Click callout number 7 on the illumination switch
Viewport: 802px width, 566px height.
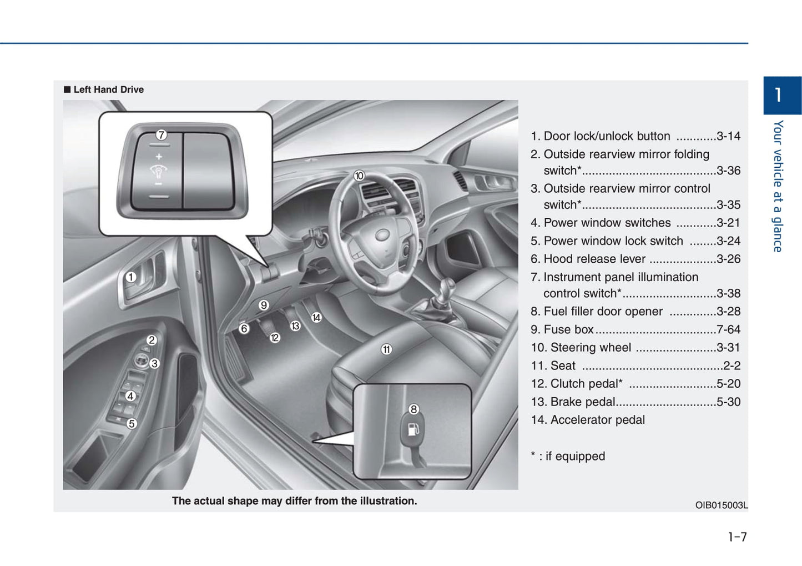[x=161, y=135]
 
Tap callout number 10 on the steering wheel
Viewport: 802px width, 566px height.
[x=359, y=176]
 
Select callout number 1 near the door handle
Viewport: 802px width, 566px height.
[x=131, y=277]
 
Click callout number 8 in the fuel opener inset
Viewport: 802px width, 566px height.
[x=413, y=409]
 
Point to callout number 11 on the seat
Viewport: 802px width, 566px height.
[x=386, y=349]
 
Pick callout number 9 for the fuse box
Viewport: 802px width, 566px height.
[x=264, y=305]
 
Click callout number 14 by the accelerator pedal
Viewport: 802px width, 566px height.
[x=316, y=317]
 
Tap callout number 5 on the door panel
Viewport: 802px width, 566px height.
[x=132, y=424]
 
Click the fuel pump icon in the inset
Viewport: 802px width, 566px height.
[x=413, y=429]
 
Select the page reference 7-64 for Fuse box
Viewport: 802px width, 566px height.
[x=728, y=330]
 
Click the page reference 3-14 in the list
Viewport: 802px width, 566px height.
[x=728, y=136]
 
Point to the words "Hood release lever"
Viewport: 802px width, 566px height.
[x=594, y=259]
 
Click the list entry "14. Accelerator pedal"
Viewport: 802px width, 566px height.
[x=588, y=420]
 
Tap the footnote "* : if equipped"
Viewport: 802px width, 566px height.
[x=568, y=456]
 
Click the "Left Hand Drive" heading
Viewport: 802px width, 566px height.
[x=108, y=89]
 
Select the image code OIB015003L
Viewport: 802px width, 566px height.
[x=721, y=505]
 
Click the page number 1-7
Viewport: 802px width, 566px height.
[x=737, y=537]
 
